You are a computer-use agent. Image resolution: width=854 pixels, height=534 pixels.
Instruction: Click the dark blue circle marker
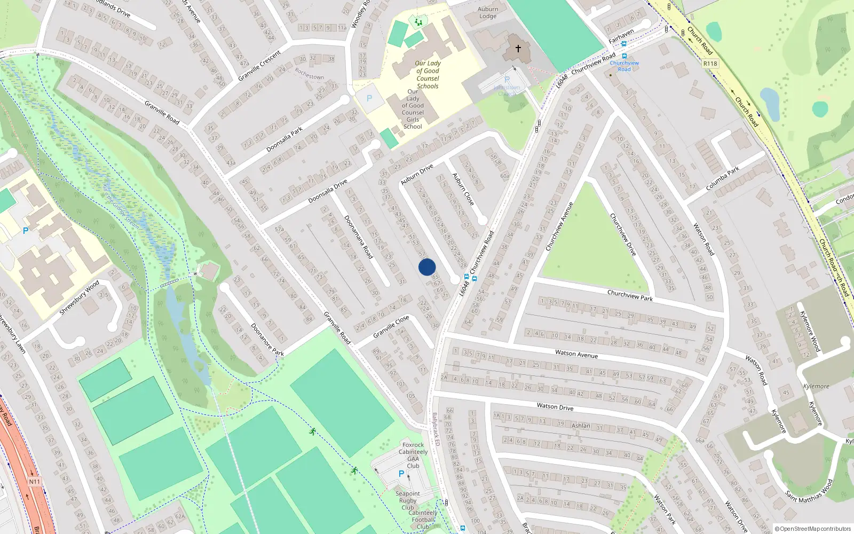[x=427, y=267]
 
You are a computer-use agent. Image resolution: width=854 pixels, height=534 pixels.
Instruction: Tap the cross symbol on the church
[x=518, y=49]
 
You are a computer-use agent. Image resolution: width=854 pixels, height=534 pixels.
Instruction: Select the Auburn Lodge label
[x=488, y=13]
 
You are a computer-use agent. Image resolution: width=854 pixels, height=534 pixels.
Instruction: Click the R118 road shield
[x=710, y=64]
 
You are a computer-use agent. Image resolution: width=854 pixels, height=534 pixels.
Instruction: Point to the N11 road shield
[x=34, y=482]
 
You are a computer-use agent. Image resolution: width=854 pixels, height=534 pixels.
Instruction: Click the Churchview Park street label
[x=630, y=295]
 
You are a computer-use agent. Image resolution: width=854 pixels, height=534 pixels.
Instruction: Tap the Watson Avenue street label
[x=576, y=354]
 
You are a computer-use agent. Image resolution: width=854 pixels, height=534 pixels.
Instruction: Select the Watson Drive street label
[x=555, y=407]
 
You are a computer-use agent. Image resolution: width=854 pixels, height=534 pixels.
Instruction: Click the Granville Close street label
[x=391, y=326]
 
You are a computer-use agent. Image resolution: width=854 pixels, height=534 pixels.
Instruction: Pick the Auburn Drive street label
[x=417, y=175]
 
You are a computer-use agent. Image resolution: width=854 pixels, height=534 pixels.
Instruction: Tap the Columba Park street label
[x=723, y=179]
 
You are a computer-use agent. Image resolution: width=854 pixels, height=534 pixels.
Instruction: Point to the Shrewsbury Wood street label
[x=79, y=297]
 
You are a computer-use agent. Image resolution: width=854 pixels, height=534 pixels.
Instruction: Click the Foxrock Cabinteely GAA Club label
[x=413, y=455]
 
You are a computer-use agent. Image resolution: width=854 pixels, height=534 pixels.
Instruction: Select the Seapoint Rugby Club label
[x=408, y=500]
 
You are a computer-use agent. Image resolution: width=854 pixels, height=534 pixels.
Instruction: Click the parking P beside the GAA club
[x=401, y=474]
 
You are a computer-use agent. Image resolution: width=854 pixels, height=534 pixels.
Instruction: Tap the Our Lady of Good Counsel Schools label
[x=428, y=75]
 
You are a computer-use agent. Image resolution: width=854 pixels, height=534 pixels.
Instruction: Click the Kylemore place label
[x=816, y=386]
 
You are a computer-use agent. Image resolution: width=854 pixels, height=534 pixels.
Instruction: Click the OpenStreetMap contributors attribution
[x=813, y=529]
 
